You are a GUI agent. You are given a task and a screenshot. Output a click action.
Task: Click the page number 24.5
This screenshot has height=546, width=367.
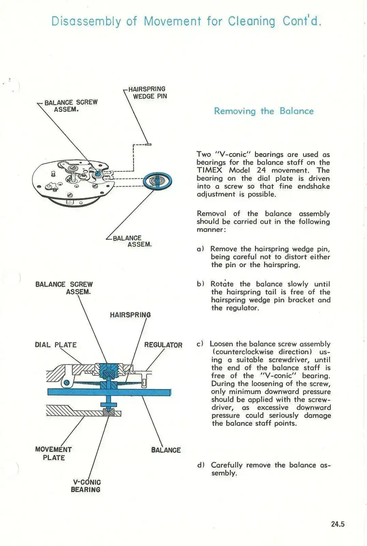[x=337, y=524]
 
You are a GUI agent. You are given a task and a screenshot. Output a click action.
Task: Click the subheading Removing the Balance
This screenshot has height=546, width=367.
[x=263, y=111]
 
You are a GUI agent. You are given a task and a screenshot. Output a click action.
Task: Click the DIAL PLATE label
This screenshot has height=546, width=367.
[x=56, y=345]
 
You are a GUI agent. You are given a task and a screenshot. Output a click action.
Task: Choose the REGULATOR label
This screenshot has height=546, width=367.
[x=163, y=345]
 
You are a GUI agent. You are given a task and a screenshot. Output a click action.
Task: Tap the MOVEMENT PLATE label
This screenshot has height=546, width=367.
[x=53, y=454]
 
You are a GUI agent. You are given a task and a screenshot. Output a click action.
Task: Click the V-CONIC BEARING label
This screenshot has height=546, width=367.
[x=86, y=486]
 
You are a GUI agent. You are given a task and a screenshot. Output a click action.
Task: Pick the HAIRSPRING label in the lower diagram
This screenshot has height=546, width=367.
[x=130, y=315]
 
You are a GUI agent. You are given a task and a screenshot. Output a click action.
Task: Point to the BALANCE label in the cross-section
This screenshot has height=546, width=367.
[x=166, y=450]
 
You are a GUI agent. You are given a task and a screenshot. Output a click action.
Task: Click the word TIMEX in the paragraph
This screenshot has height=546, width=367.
[x=209, y=170]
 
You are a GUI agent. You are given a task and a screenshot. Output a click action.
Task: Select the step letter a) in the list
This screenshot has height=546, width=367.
[x=200, y=249]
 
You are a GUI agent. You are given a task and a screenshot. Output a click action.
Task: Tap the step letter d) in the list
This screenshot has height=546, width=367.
[x=201, y=465]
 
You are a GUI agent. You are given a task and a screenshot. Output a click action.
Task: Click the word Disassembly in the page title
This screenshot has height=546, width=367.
[x=86, y=21]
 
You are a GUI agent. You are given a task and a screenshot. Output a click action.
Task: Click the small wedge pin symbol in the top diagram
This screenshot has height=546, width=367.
[x=148, y=144]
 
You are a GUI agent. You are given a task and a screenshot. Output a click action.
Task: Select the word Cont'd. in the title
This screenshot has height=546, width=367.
[x=302, y=21]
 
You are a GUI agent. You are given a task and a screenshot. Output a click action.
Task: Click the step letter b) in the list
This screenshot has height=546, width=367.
[x=200, y=284]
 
